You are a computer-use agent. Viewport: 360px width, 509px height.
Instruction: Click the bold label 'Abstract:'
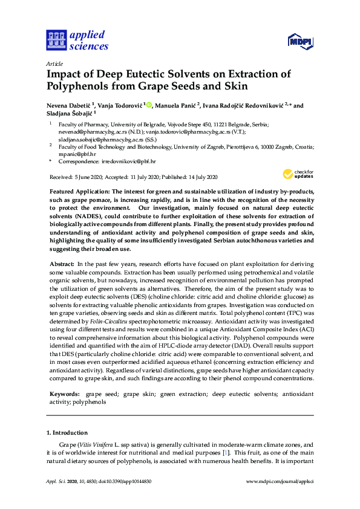(x=62, y=265)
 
